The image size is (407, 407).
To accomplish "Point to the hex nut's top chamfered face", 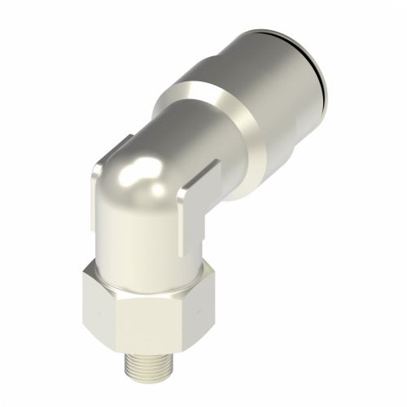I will tap(142, 275).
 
